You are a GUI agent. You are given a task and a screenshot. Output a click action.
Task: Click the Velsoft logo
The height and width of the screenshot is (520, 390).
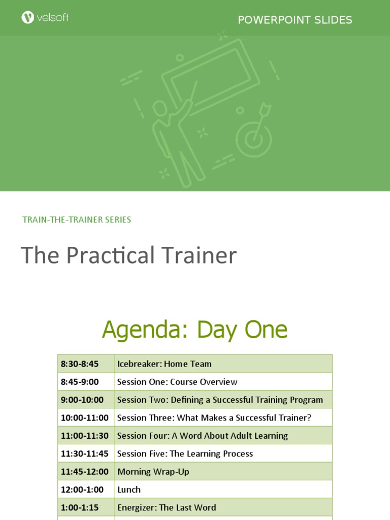45,18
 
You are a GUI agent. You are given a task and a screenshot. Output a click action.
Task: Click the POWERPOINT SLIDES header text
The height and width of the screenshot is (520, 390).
295,20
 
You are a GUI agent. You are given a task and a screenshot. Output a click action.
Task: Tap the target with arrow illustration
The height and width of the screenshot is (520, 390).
254,133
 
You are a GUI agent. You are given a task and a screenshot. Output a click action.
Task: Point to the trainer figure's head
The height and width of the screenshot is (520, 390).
159,108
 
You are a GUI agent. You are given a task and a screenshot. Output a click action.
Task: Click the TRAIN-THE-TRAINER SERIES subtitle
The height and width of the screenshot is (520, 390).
77,220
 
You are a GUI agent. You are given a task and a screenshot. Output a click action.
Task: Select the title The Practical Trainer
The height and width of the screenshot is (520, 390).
128,255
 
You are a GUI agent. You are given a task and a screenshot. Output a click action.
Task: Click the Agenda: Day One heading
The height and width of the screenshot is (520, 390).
194,330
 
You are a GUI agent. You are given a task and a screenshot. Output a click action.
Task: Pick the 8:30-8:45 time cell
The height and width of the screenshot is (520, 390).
80,364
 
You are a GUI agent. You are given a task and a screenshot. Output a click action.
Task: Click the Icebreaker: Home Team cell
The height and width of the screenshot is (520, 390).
165,364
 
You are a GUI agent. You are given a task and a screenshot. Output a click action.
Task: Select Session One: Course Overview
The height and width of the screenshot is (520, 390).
177,382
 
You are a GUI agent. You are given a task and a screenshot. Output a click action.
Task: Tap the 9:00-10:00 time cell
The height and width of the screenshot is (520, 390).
82,400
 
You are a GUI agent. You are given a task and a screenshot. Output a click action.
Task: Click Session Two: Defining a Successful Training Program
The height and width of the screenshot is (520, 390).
220,400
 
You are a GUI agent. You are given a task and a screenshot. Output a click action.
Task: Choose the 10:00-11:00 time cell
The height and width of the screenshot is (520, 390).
85,418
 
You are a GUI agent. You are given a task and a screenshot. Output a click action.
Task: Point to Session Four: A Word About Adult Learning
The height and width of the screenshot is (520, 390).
203,436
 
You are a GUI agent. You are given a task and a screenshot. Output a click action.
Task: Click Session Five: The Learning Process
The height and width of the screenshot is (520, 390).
185,453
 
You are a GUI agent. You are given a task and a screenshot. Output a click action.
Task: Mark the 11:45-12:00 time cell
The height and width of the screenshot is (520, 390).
85,472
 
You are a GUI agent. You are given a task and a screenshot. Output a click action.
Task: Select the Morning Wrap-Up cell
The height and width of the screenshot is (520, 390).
153,472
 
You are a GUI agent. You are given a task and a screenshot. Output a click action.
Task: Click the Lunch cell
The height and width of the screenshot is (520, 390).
129,490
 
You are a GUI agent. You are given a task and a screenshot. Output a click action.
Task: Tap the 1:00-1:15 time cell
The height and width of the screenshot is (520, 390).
80,507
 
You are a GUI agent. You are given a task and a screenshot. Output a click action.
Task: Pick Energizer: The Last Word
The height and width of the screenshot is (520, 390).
167,507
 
